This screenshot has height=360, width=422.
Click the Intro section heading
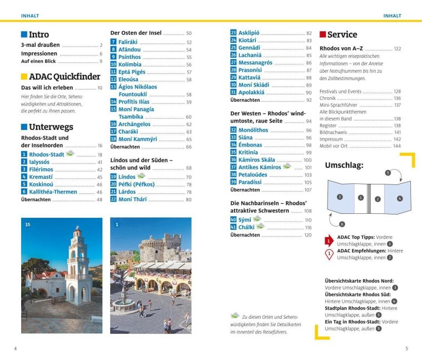tap(38, 34)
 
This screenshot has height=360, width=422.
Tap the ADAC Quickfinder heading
tap(64, 77)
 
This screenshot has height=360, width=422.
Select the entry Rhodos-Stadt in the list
tap(47, 154)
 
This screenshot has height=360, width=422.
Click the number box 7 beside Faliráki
tap(113, 42)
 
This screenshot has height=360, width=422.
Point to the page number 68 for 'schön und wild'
tap(188, 168)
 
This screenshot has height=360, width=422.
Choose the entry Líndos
tap(127, 177)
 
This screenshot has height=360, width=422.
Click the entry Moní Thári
tap(133, 199)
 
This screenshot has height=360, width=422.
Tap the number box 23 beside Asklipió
tap(234, 33)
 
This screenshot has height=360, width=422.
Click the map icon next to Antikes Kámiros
tap(287, 167)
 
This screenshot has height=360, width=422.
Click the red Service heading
tap(342, 34)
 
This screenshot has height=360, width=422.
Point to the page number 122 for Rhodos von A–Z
tap(397, 49)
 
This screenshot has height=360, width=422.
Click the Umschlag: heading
tap(344, 165)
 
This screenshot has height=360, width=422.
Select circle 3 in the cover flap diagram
tap(340, 197)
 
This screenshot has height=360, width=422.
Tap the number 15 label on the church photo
tap(28, 224)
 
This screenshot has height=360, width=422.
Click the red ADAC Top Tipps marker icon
tap(329, 240)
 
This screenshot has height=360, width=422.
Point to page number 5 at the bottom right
tap(406, 348)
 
